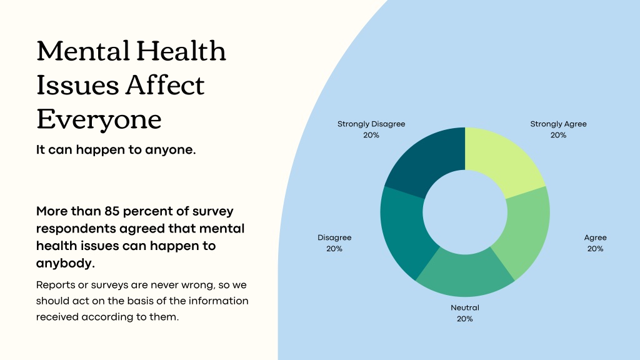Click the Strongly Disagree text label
pyautogui.click(x=371, y=124)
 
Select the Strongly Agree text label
pyautogui.click(x=558, y=124)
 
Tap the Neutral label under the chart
pyautogui.click(x=465, y=307)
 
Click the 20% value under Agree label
pyautogui.click(x=595, y=249)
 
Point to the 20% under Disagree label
pyautogui.click(x=334, y=249)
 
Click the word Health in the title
pyautogui.click(x=181, y=51)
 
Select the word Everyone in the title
pyautogui.click(x=99, y=119)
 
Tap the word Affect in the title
pyautogui.click(x=165, y=85)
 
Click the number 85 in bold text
pyautogui.click(x=111, y=211)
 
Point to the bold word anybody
pyautogui.click(x=65, y=264)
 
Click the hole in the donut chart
pyautogui.click(x=465, y=212)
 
